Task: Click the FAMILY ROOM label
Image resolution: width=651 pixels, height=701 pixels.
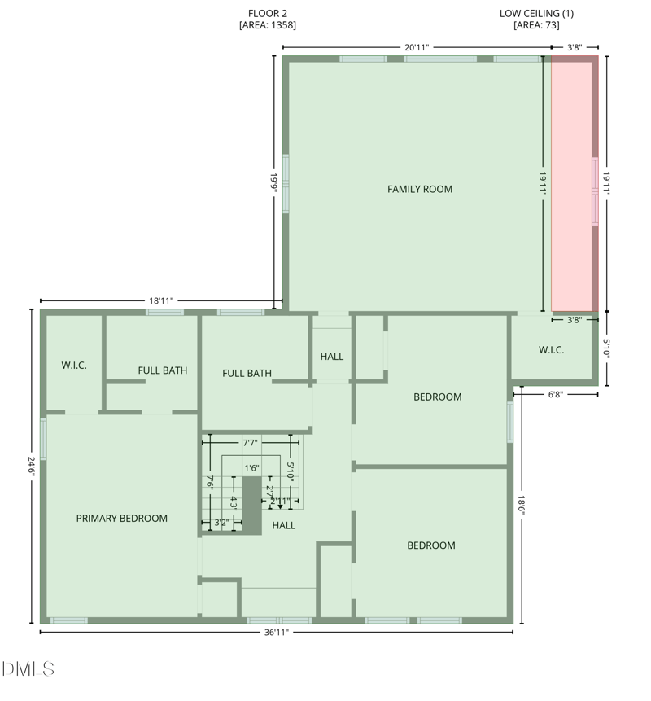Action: [x=419, y=189]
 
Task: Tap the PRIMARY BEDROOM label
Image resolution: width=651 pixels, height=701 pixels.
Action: [x=122, y=518]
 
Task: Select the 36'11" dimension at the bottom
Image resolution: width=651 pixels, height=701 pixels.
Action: [x=277, y=632]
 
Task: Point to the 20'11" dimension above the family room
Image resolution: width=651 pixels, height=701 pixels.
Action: [x=417, y=47]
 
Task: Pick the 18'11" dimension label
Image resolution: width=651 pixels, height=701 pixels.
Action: [x=161, y=300]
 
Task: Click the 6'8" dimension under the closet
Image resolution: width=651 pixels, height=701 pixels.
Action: [x=555, y=394]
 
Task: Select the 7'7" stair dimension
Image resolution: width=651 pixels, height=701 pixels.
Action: [x=251, y=443]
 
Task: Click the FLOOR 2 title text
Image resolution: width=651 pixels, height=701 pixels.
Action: [x=267, y=13]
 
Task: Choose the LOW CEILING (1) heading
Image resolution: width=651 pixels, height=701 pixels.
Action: [x=536, y=13]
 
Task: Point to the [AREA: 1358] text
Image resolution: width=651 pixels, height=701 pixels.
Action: [x=267, y=25]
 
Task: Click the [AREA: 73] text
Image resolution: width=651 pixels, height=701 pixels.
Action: [x=536, y=25]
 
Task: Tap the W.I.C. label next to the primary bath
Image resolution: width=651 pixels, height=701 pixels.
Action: [x=74, y=366]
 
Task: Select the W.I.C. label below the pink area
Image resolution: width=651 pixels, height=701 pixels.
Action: [x=551, y=350]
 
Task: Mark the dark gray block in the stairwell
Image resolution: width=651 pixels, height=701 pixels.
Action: [x=251, y=505]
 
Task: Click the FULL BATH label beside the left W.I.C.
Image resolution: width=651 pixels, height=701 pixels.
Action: [x=163, y=370]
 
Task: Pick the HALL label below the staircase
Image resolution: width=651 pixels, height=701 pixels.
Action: [x=284, y=525]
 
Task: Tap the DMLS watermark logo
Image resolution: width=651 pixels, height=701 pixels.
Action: [x=28, y=669]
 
